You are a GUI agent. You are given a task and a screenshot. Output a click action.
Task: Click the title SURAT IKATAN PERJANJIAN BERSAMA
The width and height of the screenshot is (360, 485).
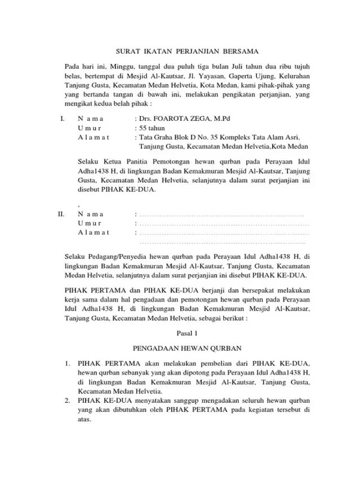[x=180, y=51]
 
